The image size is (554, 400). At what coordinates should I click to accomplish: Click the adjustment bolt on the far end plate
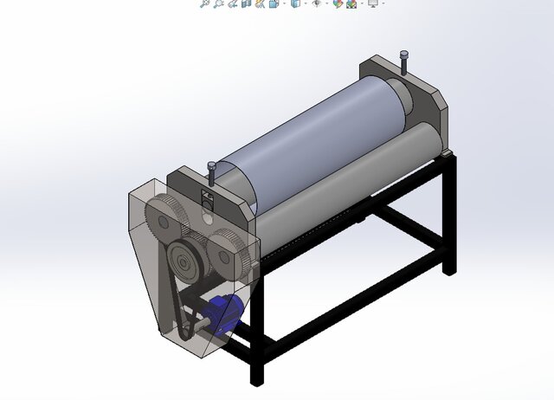403,63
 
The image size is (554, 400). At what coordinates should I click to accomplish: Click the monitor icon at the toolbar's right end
373,3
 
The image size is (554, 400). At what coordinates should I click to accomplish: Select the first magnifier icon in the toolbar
205,3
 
